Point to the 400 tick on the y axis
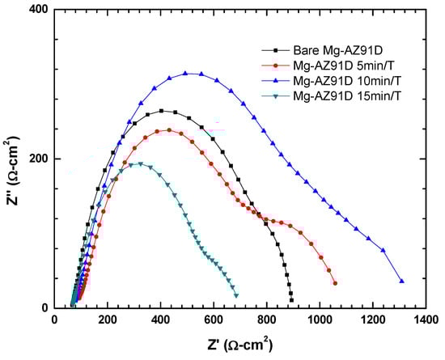(x=38, y=10)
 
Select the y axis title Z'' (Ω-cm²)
(x=11, y=159)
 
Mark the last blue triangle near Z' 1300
(x=401, y=281)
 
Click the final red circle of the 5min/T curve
(x=335, y=282)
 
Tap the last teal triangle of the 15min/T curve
(x=236, y=294)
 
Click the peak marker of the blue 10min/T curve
(x=186, y=73)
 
